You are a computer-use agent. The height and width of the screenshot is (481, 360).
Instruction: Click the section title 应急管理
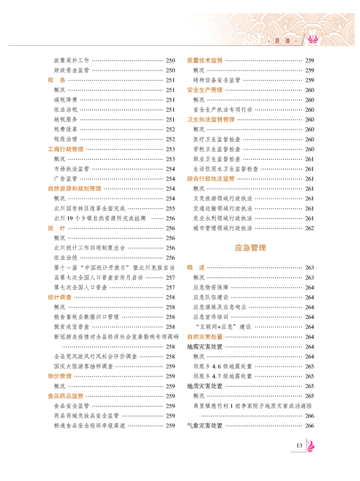[250, 248]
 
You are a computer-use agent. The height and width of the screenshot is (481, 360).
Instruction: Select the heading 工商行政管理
[66, 149]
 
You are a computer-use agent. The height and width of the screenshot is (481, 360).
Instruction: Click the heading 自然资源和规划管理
[74, 189]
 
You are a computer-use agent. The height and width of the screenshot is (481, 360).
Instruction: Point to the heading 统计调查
[59, 297]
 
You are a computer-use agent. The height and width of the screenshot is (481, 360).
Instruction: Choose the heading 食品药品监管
[66, 396]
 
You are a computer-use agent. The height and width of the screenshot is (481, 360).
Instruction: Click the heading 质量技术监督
[205, 60]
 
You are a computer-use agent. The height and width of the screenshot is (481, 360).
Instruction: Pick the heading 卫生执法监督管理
[211, 120]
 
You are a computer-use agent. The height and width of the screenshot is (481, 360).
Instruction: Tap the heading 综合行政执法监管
[211, 179]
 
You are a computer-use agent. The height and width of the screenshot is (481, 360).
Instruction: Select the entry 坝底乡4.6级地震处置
[222, 367]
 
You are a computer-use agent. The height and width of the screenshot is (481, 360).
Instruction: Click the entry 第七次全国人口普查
[80, 288]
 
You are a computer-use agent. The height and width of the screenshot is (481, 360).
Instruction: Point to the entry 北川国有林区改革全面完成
[89, 208]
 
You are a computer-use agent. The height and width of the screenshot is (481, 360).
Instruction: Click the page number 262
[309, 228]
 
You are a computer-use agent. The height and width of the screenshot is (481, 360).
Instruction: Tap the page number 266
[309, 426]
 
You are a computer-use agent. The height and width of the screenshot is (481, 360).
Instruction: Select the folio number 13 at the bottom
[299, 446]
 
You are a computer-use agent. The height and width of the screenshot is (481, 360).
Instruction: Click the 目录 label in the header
[283, 41]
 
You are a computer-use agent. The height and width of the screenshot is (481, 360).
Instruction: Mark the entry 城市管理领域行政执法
[222, 228]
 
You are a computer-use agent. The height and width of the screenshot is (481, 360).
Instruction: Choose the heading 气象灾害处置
[205, 426]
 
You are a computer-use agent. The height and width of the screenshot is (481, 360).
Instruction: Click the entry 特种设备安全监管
[216, 80]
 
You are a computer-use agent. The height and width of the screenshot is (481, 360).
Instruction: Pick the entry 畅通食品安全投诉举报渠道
[89, 426]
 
